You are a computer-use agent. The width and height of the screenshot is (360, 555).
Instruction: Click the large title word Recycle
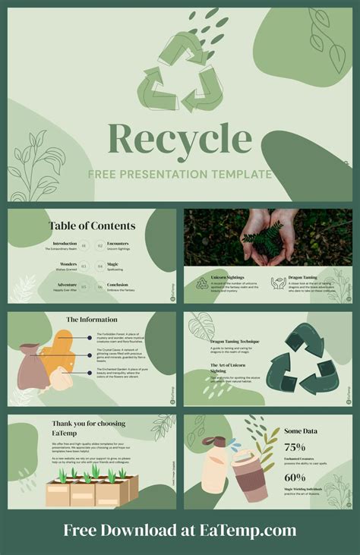click(x=180, y=140)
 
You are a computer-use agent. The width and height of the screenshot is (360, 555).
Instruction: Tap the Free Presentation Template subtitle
click(x=179, y=175)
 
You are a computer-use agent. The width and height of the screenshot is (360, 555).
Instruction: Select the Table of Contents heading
click(x=93, y=225)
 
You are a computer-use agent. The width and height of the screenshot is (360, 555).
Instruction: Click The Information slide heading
click(x=92, y=320)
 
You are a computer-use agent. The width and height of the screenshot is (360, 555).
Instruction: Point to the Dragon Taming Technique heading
click(x=235, y=342)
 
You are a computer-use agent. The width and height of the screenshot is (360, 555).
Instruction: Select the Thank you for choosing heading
click(x=89, y=424)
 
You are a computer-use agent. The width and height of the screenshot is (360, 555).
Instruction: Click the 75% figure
click(x=295, y=447)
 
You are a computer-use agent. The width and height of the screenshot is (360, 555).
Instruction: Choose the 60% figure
click(x=295, y=478)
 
